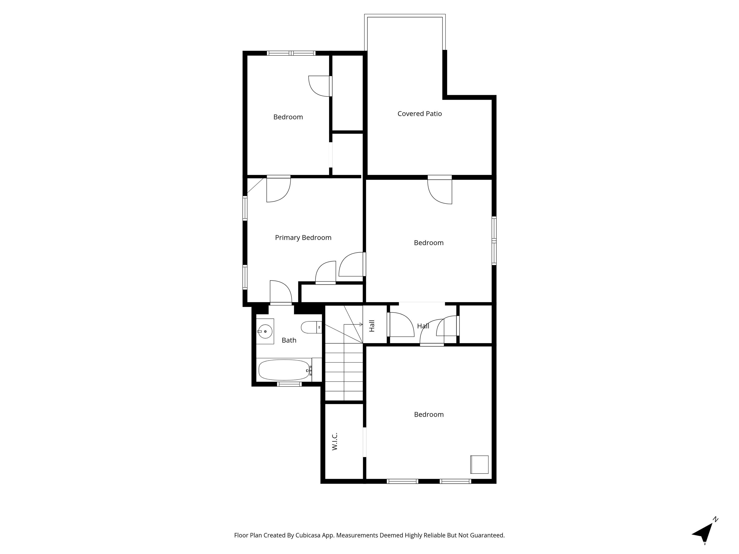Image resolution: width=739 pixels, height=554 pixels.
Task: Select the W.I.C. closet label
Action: [335, 441]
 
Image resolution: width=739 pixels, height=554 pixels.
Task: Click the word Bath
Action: [289, 340]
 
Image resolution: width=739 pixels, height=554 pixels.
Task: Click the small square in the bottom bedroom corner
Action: [479, 465]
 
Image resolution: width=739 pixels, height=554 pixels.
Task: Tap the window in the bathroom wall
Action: [289, 384]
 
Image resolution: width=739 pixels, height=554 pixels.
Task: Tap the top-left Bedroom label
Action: [288, 117]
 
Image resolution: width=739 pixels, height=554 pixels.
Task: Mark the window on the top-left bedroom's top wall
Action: [291, 53]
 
